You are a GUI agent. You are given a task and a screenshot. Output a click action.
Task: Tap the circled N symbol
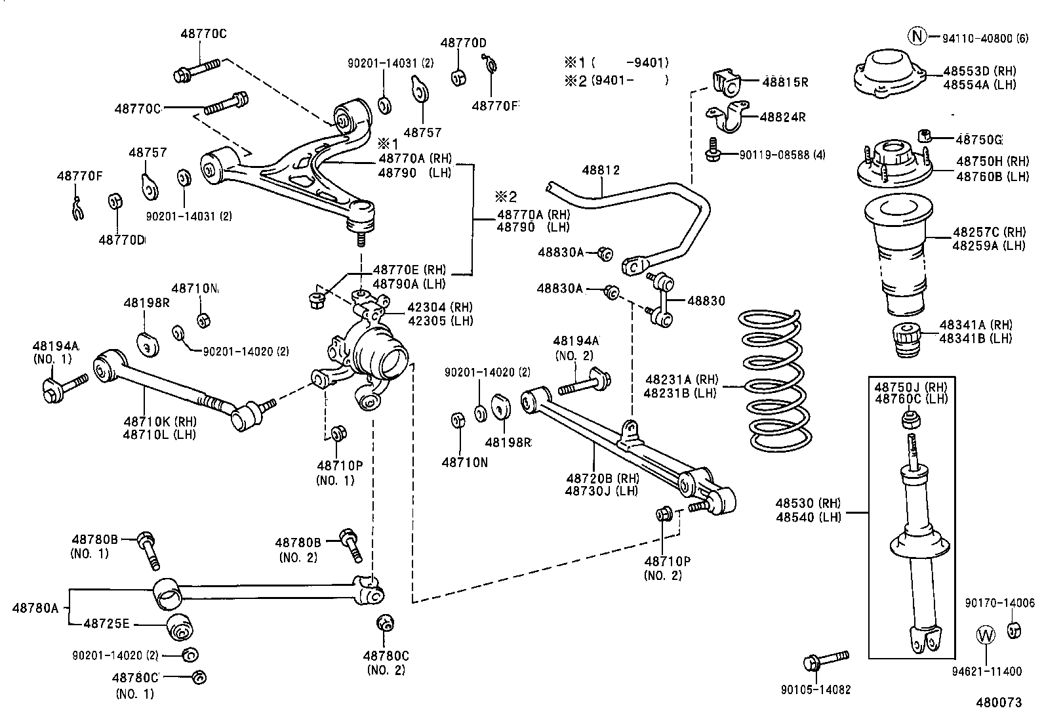[x=917, y=37]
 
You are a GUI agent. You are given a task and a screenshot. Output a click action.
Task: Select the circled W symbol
[x=986, y=634]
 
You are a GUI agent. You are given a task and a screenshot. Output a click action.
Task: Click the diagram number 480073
[x=998, y=702]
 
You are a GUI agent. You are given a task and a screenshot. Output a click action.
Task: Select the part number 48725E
[x=106, y=623]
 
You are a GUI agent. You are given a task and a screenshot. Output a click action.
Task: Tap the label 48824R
[x=782, y=117]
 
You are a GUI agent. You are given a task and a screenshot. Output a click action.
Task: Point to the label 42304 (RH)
[x=440, y=307]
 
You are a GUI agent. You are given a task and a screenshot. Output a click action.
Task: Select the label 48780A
[x=35, y=608]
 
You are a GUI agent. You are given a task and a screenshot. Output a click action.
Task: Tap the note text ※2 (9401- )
[x=616, y=81]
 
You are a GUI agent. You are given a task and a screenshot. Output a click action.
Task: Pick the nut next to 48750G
[x=925, y=135]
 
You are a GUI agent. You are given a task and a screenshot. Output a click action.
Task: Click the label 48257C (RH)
[x=988, y=232]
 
